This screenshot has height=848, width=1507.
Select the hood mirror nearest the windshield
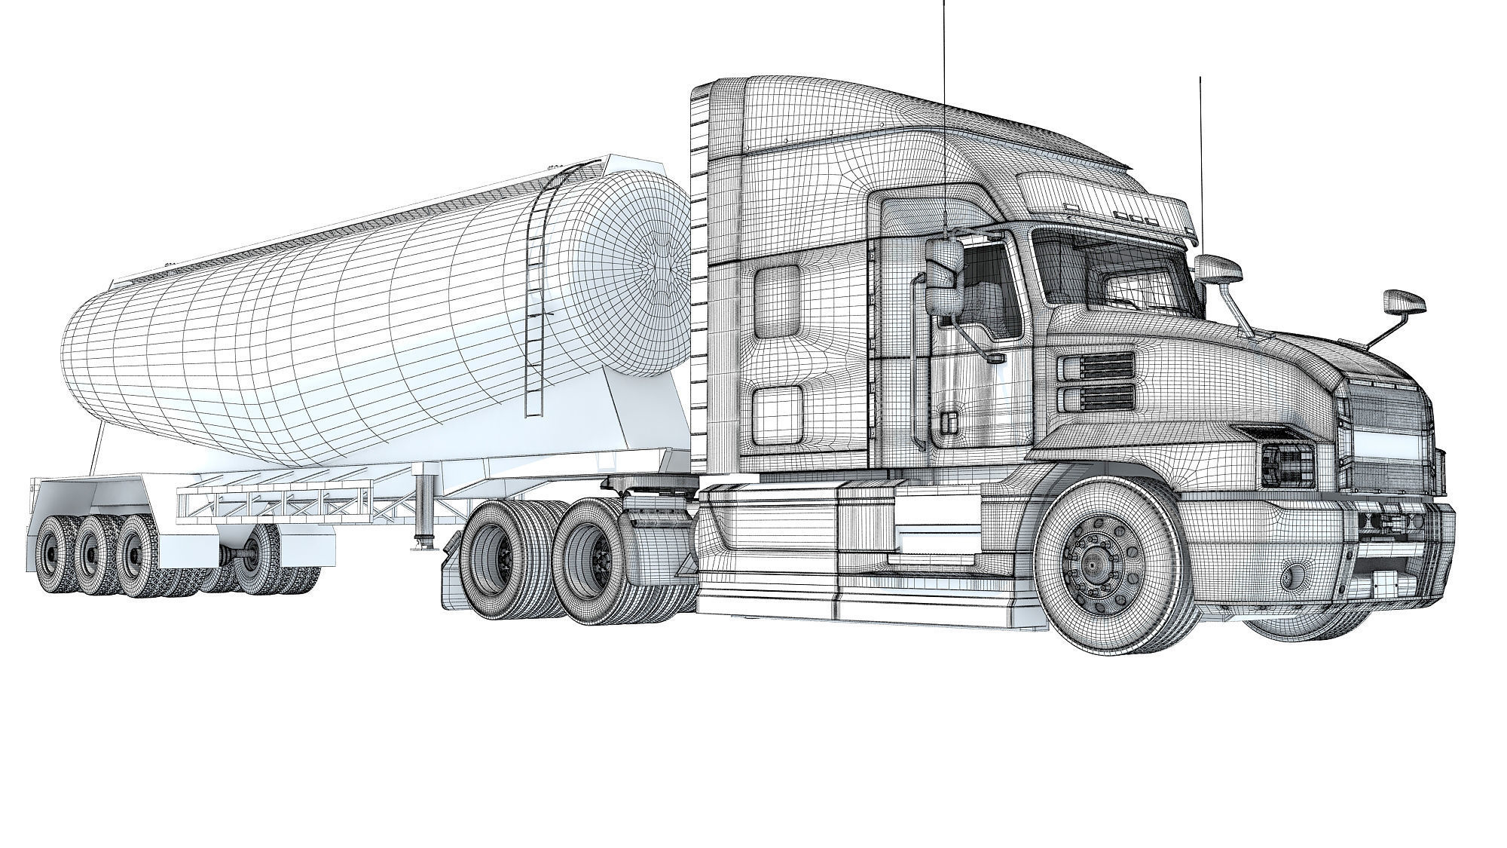pos(1218,269)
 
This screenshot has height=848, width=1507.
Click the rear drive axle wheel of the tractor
pos(494,555)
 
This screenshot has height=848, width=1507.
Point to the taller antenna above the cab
pos(944,113)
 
